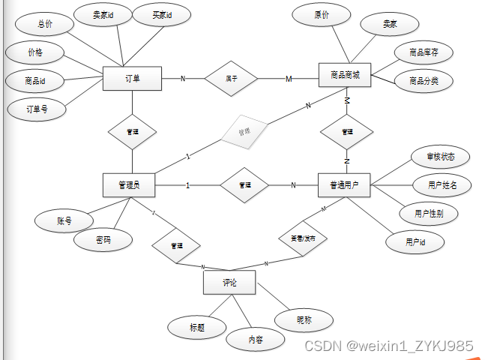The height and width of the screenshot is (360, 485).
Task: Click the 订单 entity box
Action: point(132,78)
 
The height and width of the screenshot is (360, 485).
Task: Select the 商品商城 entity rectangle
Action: point(345,76)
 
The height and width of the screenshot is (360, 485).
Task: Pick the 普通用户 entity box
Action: point(344,185)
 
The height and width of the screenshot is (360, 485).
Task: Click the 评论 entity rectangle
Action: point(229,283)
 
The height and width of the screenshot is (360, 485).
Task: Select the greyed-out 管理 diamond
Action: point(244,132)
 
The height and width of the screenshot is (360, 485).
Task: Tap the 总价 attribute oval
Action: point(46,24)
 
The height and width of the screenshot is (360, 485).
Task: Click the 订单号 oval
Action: point(37,109)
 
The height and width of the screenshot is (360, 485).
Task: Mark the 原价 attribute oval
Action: point(321,15)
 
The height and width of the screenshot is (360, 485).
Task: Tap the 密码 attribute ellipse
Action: point(103,240)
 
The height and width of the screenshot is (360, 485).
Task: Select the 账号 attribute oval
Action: point(64,221)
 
